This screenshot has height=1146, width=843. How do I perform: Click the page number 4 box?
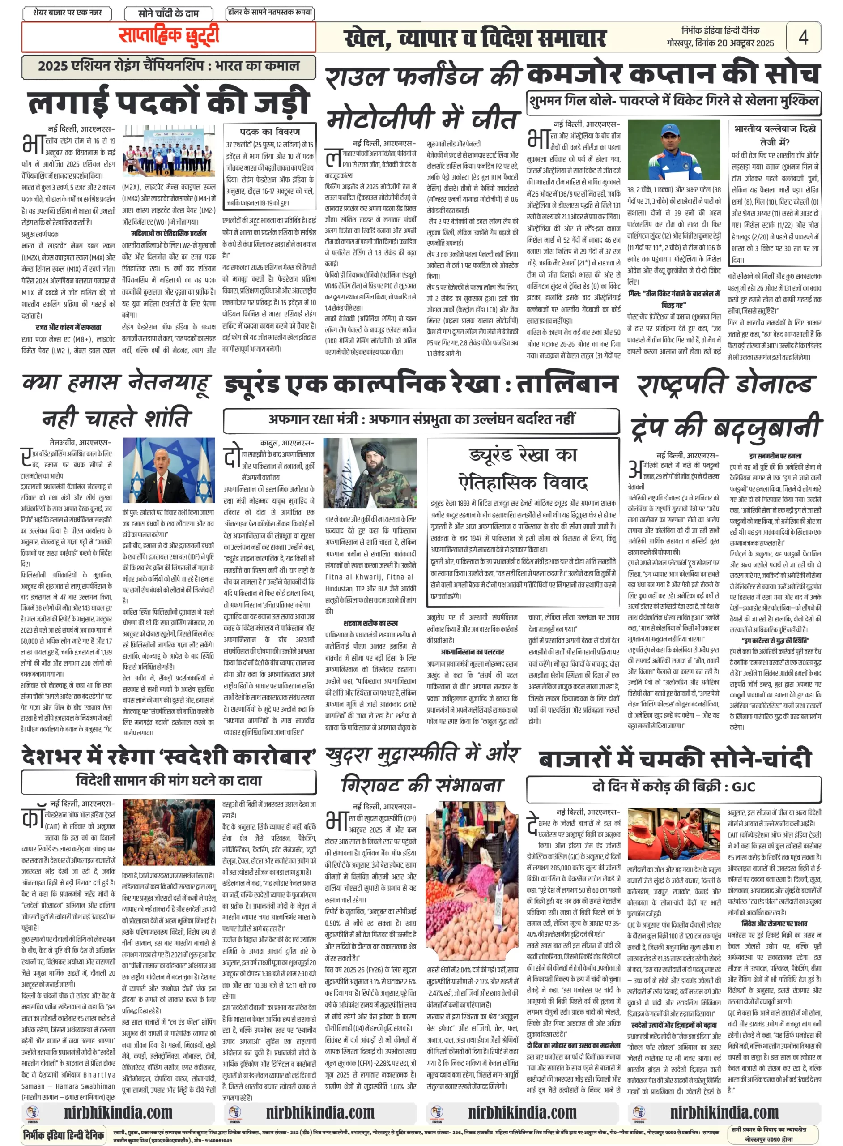coord(803,37)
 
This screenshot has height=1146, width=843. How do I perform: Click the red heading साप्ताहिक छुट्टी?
coord(168,36)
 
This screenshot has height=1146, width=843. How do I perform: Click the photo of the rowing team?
coord(168,152)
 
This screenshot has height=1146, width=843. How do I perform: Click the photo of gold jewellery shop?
coord(673,834)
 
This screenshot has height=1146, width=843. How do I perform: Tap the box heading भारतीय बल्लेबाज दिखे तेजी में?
coord(774,135)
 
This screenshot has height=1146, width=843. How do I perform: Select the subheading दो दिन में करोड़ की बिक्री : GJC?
coord(673,786)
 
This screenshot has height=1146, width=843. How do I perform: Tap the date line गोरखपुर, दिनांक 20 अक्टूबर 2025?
coord(720,43)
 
